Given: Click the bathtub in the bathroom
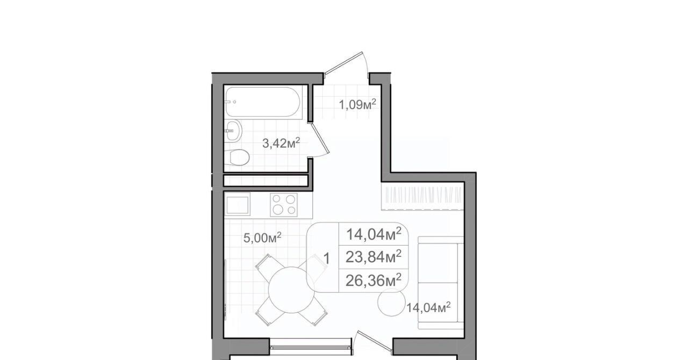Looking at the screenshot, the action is [x=263, y=102].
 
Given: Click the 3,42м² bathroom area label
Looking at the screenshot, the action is [x=281, y=143].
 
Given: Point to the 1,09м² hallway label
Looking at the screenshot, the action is [x=357, y=104].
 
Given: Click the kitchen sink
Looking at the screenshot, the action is [x=238, y=205].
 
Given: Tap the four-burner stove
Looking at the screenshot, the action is [x=284, y=205].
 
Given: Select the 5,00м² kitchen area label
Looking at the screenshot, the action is [x=262, y=237].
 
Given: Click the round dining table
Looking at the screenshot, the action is [x=291, y=290].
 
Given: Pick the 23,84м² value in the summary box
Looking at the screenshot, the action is [x=374, y=256].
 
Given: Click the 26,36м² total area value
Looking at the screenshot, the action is [x=374, y=280].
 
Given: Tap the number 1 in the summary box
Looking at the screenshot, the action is [x=326, y=258].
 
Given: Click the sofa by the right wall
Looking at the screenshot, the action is [x=441, y=283].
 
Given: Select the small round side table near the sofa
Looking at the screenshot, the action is [x=392, y=303].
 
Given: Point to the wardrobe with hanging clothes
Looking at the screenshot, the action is [x=422, y=196].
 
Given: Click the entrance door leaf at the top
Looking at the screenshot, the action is [x=343, y=63].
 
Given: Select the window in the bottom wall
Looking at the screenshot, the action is [x=311, y=348].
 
